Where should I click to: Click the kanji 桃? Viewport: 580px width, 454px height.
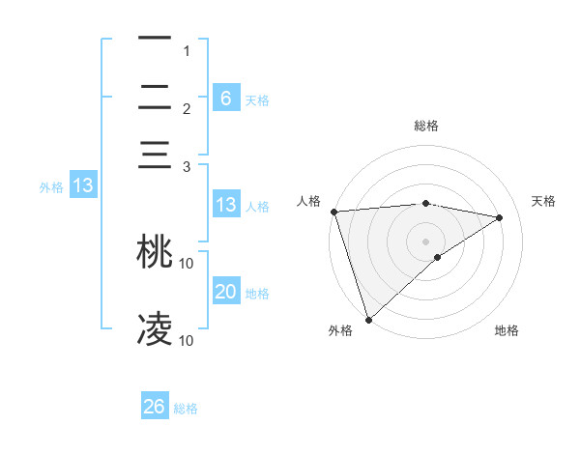click(x=155, y=251)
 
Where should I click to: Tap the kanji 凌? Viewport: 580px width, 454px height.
click(x=155, y=328)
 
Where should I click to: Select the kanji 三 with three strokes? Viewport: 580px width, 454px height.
click(x=155, y=156)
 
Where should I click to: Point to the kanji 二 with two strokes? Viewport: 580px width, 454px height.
click(x=155, y=98)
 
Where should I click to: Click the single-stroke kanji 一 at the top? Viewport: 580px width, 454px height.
click(x=155, y=39)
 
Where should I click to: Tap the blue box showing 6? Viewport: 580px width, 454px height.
click(x=226, y=98)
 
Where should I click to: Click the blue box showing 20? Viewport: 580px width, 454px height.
click(x=226, y=292)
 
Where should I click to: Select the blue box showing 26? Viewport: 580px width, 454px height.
click(x=155, y=407)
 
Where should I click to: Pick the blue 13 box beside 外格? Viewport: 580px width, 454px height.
click(x=82, y=185)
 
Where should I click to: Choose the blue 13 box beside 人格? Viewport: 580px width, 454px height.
click(x=226, y=205)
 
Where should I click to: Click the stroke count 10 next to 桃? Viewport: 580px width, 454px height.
click(x=187, y=263)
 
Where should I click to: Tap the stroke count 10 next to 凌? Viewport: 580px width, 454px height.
click(x=187, y=340)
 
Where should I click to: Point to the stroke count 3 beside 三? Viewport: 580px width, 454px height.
click(x=187, y=167)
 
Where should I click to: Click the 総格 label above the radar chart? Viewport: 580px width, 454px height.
click(x=426, y=126)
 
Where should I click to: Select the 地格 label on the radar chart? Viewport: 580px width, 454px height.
click(x=507, y=331)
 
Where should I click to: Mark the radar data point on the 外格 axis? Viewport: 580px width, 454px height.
click(x=368, y=319)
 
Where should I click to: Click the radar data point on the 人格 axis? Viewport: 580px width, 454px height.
click(x=333, y=212)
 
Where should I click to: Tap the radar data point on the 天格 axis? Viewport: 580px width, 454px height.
click(x=500, y=217)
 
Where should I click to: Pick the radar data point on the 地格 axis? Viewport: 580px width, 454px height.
click(x=438, y=257)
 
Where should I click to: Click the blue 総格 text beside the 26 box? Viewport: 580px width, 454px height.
click(x=186, y=409)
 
